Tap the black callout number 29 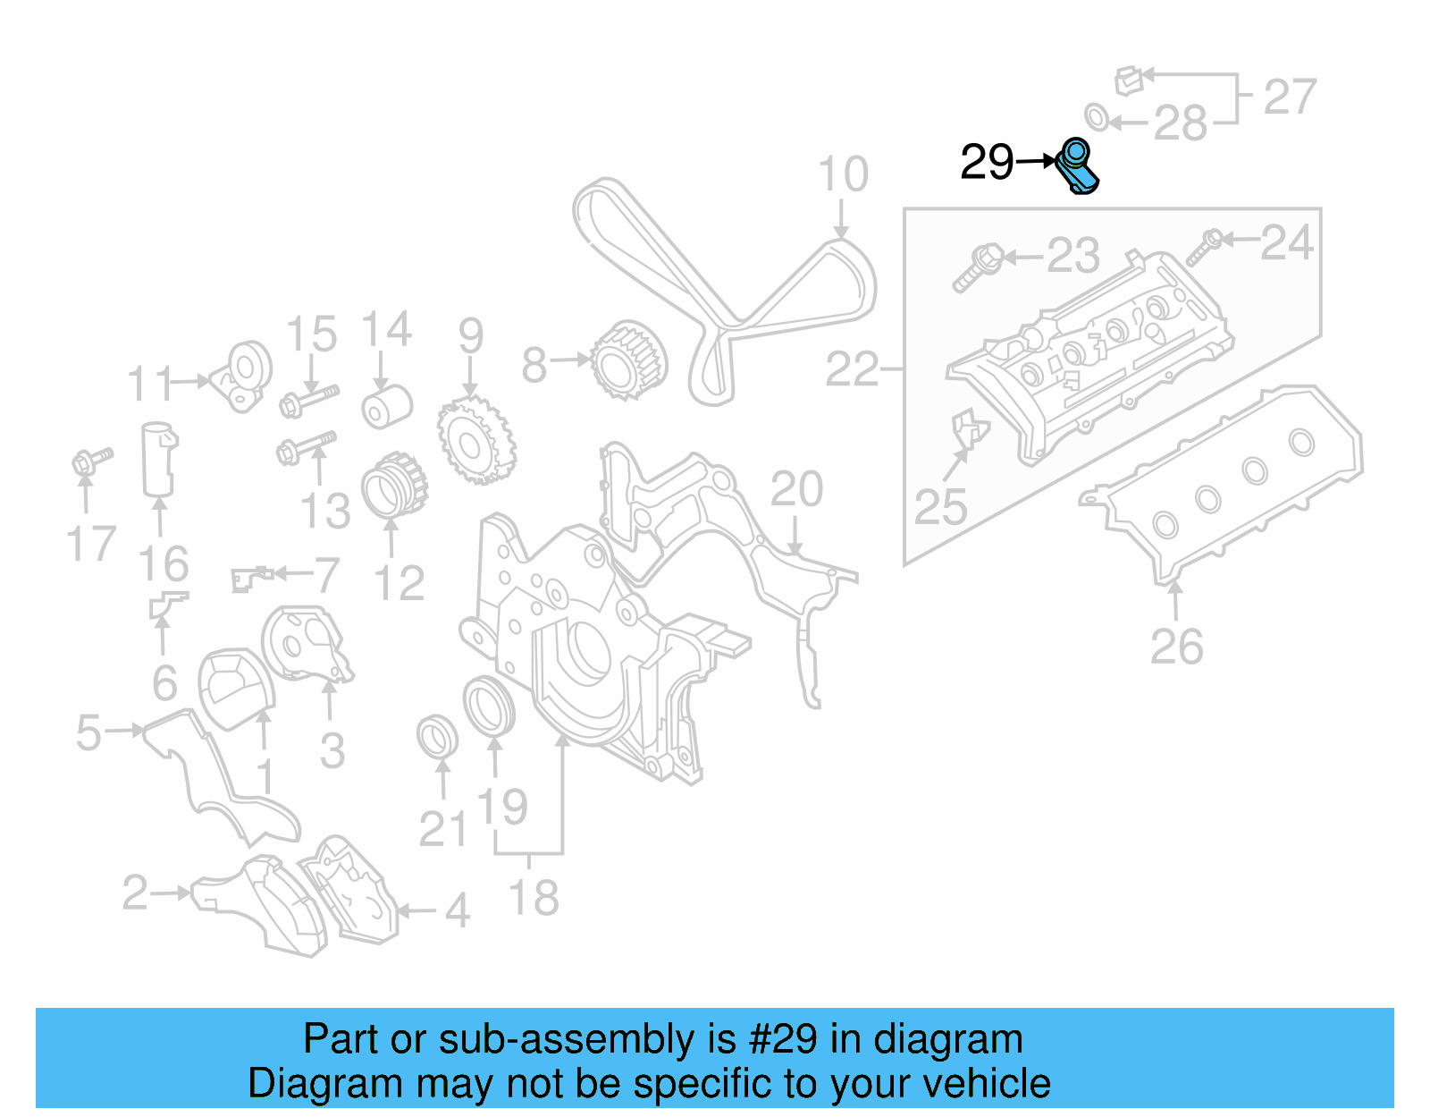point(987,163)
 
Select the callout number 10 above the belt point(843,174)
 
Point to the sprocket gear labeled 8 point(629,360)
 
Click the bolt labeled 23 point(978,267)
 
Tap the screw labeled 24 point(1203,248)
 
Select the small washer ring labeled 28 point(1097,116)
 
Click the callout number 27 point(1290,97)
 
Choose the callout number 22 point(852,368)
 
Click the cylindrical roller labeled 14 point(387,407)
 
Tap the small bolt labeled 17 point(91,461)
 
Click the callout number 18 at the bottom point(534,898)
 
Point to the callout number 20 point(795,489)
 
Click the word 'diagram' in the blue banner point(947,1039)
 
